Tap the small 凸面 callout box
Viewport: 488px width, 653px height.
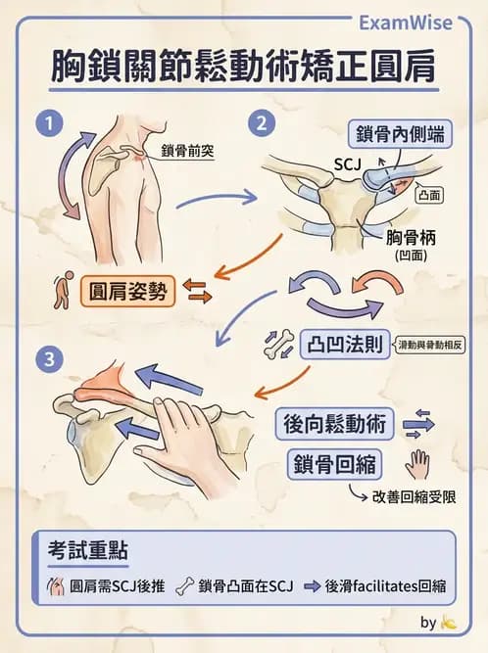tap(428, 195)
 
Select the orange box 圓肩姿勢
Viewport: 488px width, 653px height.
tap(126, 291)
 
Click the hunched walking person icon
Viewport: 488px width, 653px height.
tap(63, 292)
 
